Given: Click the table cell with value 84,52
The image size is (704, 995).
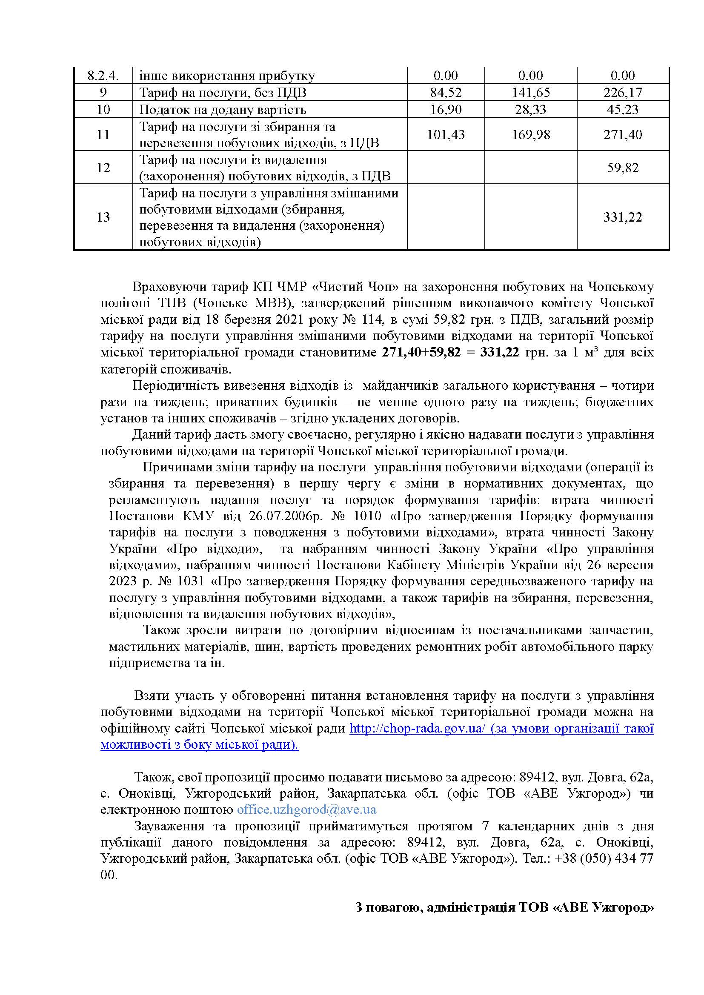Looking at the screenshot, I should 446,92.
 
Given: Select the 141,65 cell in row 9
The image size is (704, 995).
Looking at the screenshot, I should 531,92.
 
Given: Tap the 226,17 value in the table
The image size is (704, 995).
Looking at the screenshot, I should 623,92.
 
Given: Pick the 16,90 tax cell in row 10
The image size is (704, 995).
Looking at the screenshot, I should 446,109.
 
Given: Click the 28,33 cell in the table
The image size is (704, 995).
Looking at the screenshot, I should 531,109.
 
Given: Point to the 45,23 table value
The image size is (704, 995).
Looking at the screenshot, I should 623,109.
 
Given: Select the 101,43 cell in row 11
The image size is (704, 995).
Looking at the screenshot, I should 446,134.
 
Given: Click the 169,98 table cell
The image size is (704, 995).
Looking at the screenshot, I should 531,134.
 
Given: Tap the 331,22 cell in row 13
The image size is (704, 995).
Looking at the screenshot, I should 623,217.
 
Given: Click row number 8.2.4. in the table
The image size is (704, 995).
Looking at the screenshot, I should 103,76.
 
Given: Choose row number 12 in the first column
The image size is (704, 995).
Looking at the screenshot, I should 103,168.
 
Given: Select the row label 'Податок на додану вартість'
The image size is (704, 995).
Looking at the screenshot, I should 222,109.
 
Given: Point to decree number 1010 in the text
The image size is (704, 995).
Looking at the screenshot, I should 367,516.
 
